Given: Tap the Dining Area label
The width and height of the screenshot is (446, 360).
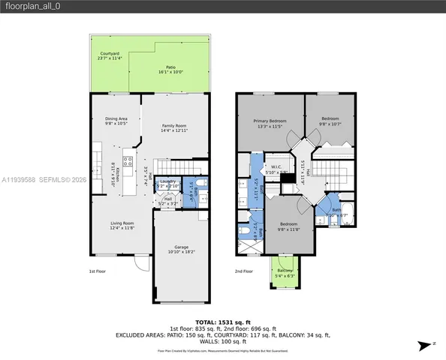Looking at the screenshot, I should point(115,120).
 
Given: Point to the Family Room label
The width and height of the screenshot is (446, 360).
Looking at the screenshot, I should point(173,127).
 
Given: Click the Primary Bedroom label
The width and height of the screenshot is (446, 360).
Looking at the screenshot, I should point(268,123).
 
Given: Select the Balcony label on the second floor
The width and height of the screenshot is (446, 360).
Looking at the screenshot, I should point(285,272).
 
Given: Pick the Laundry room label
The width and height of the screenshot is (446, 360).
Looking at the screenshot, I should point(167,183).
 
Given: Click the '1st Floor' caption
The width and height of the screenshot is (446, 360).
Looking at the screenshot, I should point(97,271).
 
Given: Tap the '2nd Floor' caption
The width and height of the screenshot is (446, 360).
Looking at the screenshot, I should point(243,271).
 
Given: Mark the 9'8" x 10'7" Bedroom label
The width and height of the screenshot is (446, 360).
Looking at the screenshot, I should point(330,121).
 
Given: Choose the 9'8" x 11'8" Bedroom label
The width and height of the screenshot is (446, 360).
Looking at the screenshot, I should point(288,227).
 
